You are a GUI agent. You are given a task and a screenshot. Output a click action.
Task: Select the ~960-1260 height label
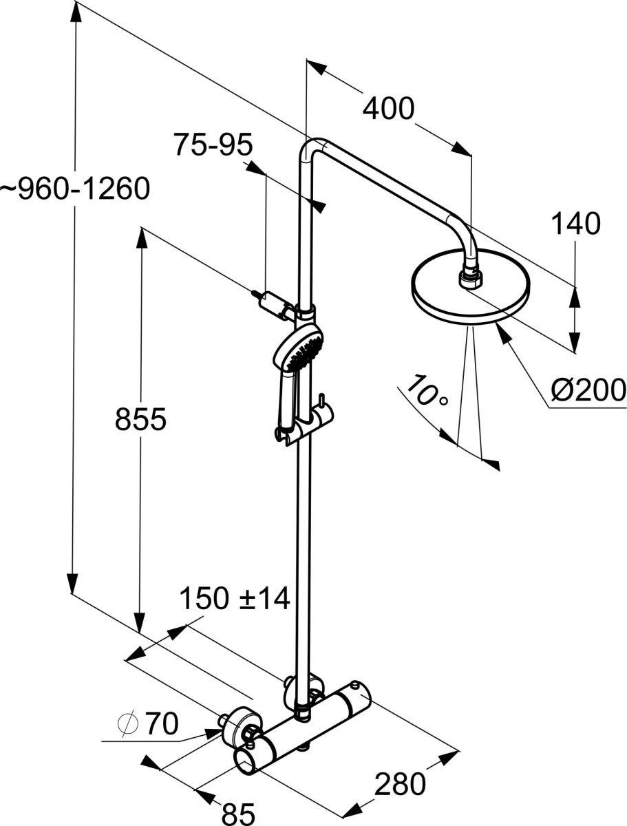tap(74, 189)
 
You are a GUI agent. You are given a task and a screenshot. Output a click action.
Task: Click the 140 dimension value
tap(575, 224)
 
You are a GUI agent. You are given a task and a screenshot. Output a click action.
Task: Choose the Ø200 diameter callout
tap(588, 390)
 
